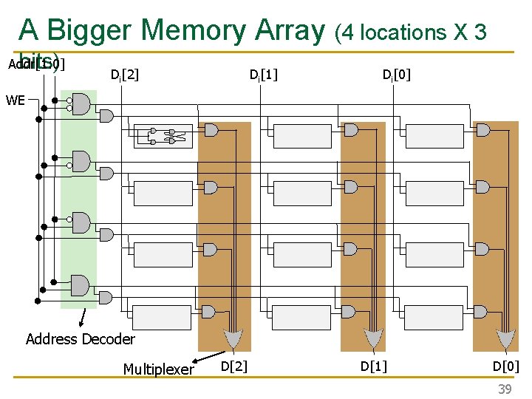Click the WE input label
[x=15, y=99]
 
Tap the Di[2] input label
[x=124, y=74]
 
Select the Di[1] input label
[x=263, y=74]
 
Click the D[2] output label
[x=234, y=366]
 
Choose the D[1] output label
[x=373, y=366]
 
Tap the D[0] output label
[x=506, y=366]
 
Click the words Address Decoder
[x=81, y=339]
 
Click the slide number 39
[x=504, y=389]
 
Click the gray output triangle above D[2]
[x=233, y=339]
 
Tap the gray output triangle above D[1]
[x=374, y=339]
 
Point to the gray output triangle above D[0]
[x=506, y=339]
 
